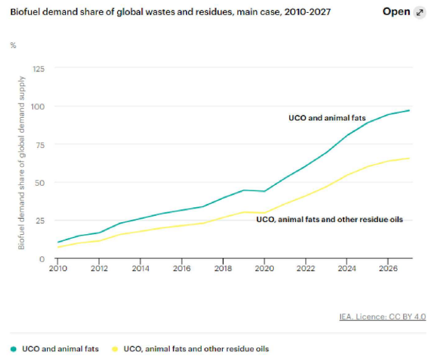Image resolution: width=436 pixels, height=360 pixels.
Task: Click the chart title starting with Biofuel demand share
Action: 170,12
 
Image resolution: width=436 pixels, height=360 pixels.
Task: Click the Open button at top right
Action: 396,11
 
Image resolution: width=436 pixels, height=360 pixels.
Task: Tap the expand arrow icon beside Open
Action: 420,12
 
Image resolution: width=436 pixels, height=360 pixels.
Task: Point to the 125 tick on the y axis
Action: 38,69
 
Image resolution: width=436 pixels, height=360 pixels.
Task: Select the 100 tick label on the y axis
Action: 38,107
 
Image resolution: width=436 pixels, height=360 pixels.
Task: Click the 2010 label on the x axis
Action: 59,268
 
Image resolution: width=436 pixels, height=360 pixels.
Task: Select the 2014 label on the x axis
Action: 141,268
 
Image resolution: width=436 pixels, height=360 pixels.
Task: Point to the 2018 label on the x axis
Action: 223,268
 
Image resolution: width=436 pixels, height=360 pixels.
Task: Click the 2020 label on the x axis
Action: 264,268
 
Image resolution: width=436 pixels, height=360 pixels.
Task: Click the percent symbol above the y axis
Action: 13,45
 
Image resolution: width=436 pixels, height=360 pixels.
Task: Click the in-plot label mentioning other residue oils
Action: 330,219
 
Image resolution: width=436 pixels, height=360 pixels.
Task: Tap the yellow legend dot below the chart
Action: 115,349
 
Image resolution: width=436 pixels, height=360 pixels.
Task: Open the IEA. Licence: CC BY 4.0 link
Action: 381,316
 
